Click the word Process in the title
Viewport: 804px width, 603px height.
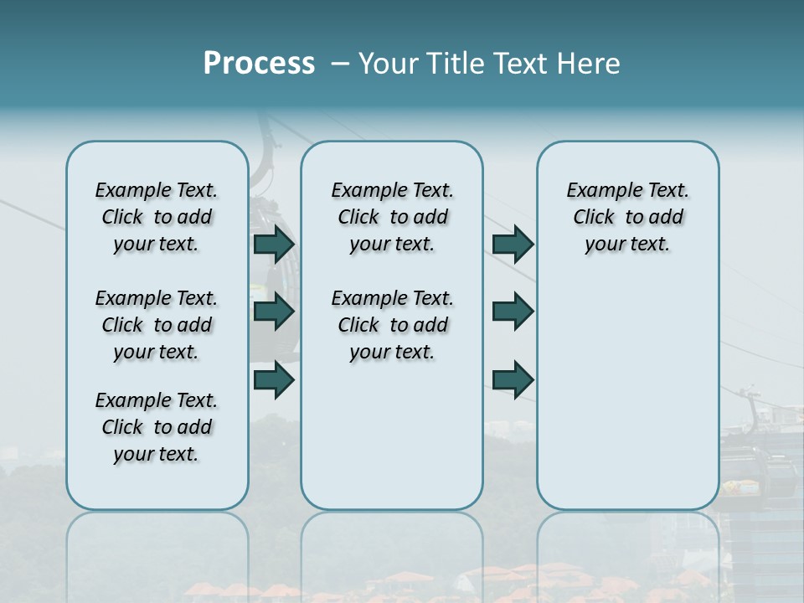259,64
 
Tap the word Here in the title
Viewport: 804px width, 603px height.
588,64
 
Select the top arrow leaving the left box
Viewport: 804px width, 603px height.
274,245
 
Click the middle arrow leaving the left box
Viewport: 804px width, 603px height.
274,312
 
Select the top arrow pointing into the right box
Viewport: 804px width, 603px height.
513,245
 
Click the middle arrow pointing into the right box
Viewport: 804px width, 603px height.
513,312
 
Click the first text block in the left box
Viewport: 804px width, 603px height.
157,217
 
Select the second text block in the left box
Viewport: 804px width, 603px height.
157,325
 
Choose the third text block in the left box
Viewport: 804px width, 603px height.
157,427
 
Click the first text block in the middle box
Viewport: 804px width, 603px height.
392,217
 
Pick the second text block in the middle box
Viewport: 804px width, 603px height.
392,325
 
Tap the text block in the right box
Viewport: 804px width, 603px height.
627,217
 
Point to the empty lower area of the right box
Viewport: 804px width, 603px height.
627,394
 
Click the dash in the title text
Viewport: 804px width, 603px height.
340,64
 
